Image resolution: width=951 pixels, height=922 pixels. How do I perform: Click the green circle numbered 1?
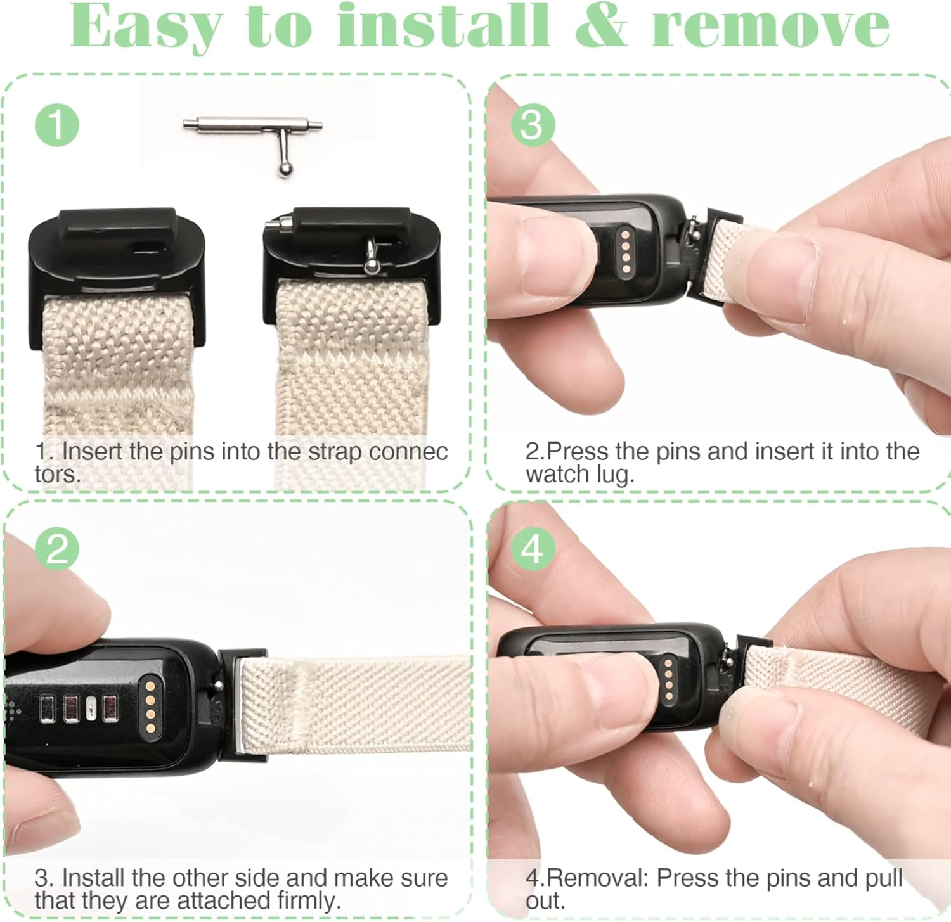(57, 124)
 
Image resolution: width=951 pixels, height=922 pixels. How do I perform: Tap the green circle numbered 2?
(57, 549)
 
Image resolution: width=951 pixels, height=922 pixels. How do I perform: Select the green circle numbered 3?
(533, 124)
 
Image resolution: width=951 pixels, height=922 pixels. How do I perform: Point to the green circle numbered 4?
(533, 549)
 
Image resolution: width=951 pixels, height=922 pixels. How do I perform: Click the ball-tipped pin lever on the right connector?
(371, 256)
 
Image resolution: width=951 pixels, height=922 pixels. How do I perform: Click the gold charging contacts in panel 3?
(626, 252)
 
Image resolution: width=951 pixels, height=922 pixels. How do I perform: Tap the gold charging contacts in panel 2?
(150, 700)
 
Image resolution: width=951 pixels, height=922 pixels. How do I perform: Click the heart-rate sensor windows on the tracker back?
(79, 709)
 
